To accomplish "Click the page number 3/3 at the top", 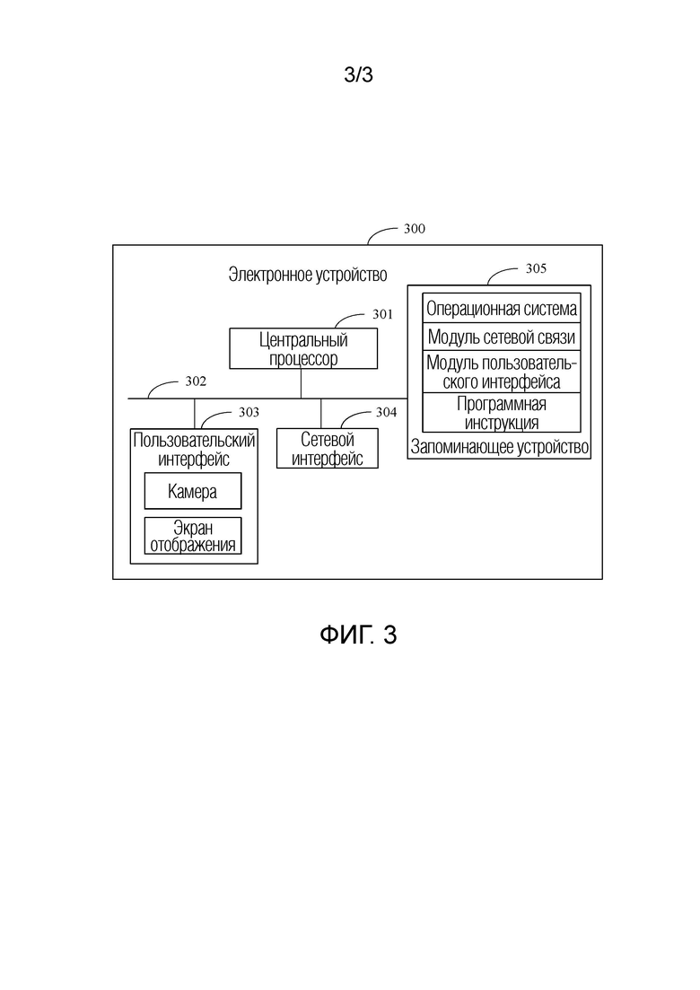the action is (x=358, y=74).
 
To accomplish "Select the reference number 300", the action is (x=415, y=229).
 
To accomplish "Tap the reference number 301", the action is (x=382, y=314).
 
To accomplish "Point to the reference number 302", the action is (x=196, y=381).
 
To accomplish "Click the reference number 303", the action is (x=249, y=412).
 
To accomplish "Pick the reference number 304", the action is (x=386, y=412).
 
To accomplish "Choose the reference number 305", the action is (x=536, y=268).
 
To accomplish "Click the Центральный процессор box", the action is (x=303, y=348).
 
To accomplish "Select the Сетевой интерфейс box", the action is (x=327, y=448).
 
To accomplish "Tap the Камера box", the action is (x=193, y=491).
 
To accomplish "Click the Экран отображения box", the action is (x=193, y=536).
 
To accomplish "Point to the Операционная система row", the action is (x=501, y=308).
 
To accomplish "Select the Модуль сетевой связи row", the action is (x=501, y=337).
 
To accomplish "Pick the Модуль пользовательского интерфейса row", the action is (x=501, y=372).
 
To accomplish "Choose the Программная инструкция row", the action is (x=501, y=412).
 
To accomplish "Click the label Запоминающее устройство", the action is (x=499, y=447).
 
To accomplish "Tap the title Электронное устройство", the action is (x=308, y=275).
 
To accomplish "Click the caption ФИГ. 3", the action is (x=358, y=635).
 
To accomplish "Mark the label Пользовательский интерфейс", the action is (x=194, y=449).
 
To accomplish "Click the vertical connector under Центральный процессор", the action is (x=301, y=384).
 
